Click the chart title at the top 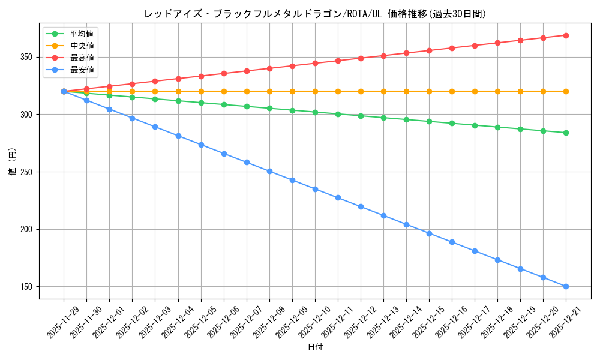[315, 13]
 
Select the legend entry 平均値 [82, 34]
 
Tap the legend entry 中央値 [82, 46]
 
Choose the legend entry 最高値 [82, 58]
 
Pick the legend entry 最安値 [82, 70]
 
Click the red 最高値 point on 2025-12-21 [566, 35]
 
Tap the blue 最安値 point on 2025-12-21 [566, 286]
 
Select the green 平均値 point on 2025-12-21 [566, 133]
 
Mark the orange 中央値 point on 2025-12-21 [566, 91]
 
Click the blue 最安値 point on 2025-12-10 [315, 189]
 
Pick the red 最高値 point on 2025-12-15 [429, 50]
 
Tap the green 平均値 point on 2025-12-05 [201, 103]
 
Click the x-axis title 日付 [315, 347]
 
